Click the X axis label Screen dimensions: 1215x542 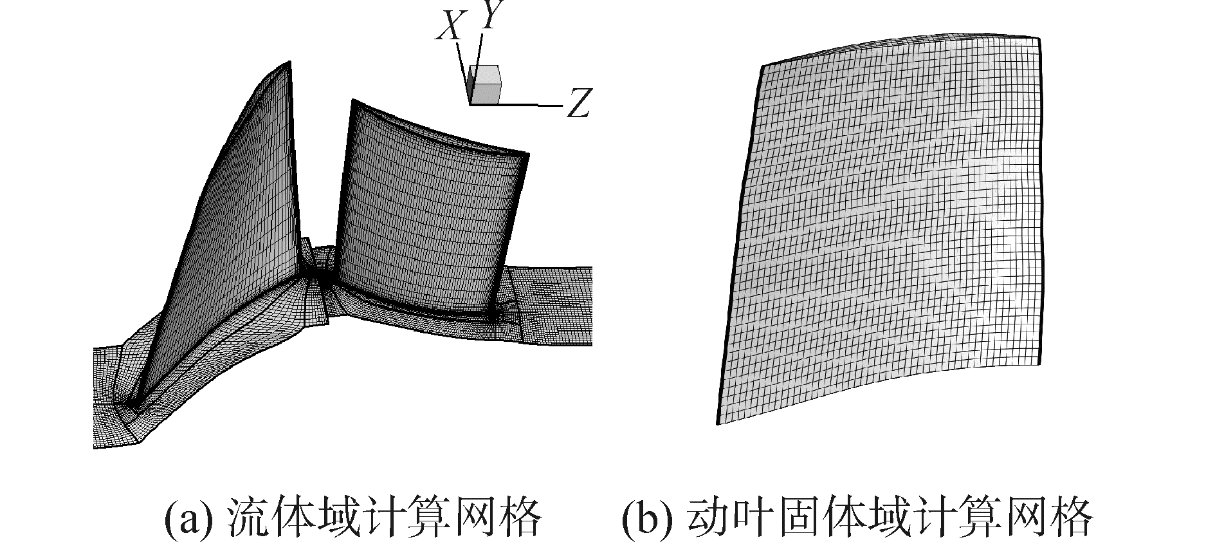pos(448,27)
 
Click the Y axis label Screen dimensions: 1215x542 pos(490,17)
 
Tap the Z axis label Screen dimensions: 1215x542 pos(578,103)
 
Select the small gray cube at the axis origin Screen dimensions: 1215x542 pos(485,84)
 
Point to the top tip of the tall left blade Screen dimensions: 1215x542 pos(289,62)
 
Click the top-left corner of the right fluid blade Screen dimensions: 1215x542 pos(352,100)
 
